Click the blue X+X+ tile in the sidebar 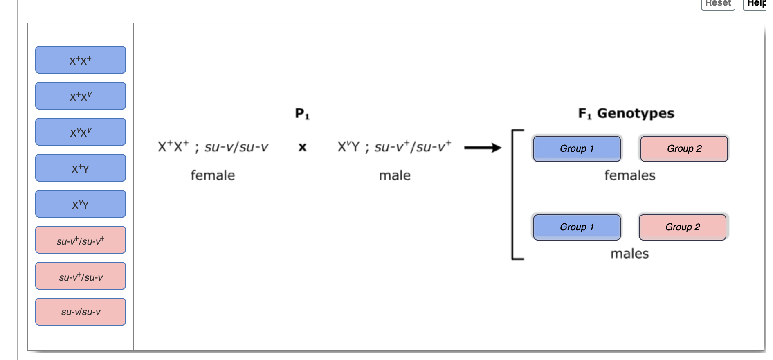80,60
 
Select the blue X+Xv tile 80,96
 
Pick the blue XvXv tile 80,132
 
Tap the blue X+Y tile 80,168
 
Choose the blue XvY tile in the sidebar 80,204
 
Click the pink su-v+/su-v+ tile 80,240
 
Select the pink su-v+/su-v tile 80,276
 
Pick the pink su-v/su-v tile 80,312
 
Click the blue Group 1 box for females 577,149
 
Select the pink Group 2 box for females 684,149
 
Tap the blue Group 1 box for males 577,227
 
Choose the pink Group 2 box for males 682,227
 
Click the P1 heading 302,113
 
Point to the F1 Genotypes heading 626,113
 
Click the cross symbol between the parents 302,147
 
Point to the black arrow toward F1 483,148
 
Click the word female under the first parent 213,175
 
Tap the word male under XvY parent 395,175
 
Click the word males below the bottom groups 629,254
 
